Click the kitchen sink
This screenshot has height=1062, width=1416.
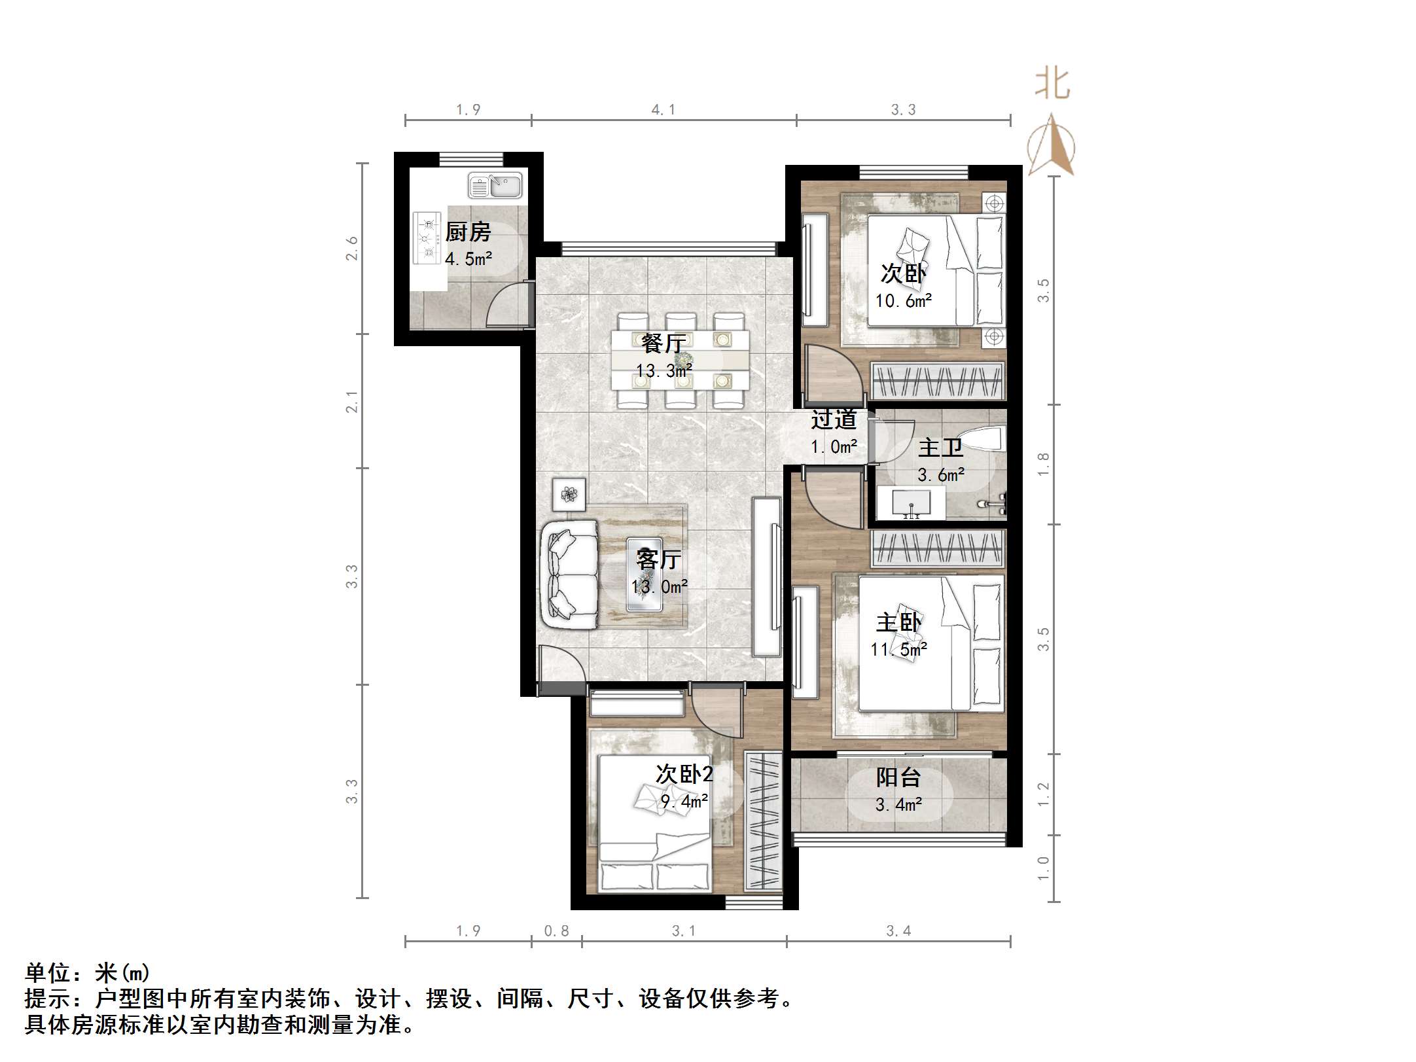495,186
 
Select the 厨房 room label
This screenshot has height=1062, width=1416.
468,232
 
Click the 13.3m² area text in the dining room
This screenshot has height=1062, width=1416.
664,371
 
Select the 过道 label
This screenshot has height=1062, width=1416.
834,419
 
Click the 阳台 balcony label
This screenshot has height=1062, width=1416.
898,777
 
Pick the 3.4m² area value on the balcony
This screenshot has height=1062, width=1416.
898,804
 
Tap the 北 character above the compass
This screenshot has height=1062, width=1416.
1052,84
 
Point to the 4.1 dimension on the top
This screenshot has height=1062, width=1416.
663,110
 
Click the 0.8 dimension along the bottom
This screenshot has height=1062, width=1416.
556,930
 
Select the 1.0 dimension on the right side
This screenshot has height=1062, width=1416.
1044,868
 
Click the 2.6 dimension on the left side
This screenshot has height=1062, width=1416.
352,249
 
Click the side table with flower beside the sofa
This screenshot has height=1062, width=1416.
569,494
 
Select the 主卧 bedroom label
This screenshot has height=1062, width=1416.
898,622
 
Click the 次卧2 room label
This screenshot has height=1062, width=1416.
684,775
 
